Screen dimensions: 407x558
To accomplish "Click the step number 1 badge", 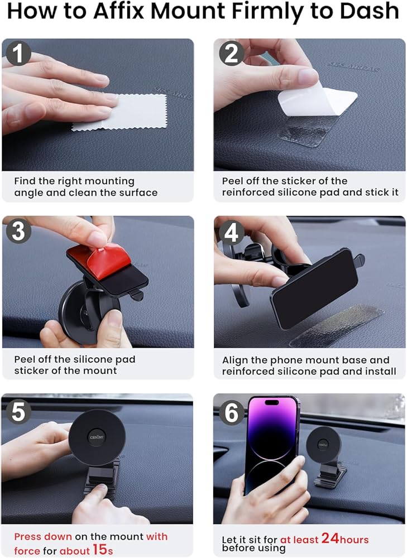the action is coord(18,54).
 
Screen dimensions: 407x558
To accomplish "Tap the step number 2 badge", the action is coord(232,54).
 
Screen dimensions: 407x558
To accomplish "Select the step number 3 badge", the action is coord(18,231).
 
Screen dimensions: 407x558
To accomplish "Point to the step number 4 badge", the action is coord(232,233).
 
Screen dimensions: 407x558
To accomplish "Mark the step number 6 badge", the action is coord(232,413).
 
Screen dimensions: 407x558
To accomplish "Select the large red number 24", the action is coord(330,538).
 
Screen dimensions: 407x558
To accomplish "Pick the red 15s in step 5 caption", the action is coord(103,550).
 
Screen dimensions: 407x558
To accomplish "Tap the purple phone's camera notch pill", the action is coord(272,402).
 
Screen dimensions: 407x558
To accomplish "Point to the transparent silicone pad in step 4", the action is coord(337,325).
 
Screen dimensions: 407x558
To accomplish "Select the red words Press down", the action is coord(43,536).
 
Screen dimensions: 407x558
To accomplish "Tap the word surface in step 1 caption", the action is coord(138,193).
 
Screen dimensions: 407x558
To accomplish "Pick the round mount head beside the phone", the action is coord(323,445).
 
